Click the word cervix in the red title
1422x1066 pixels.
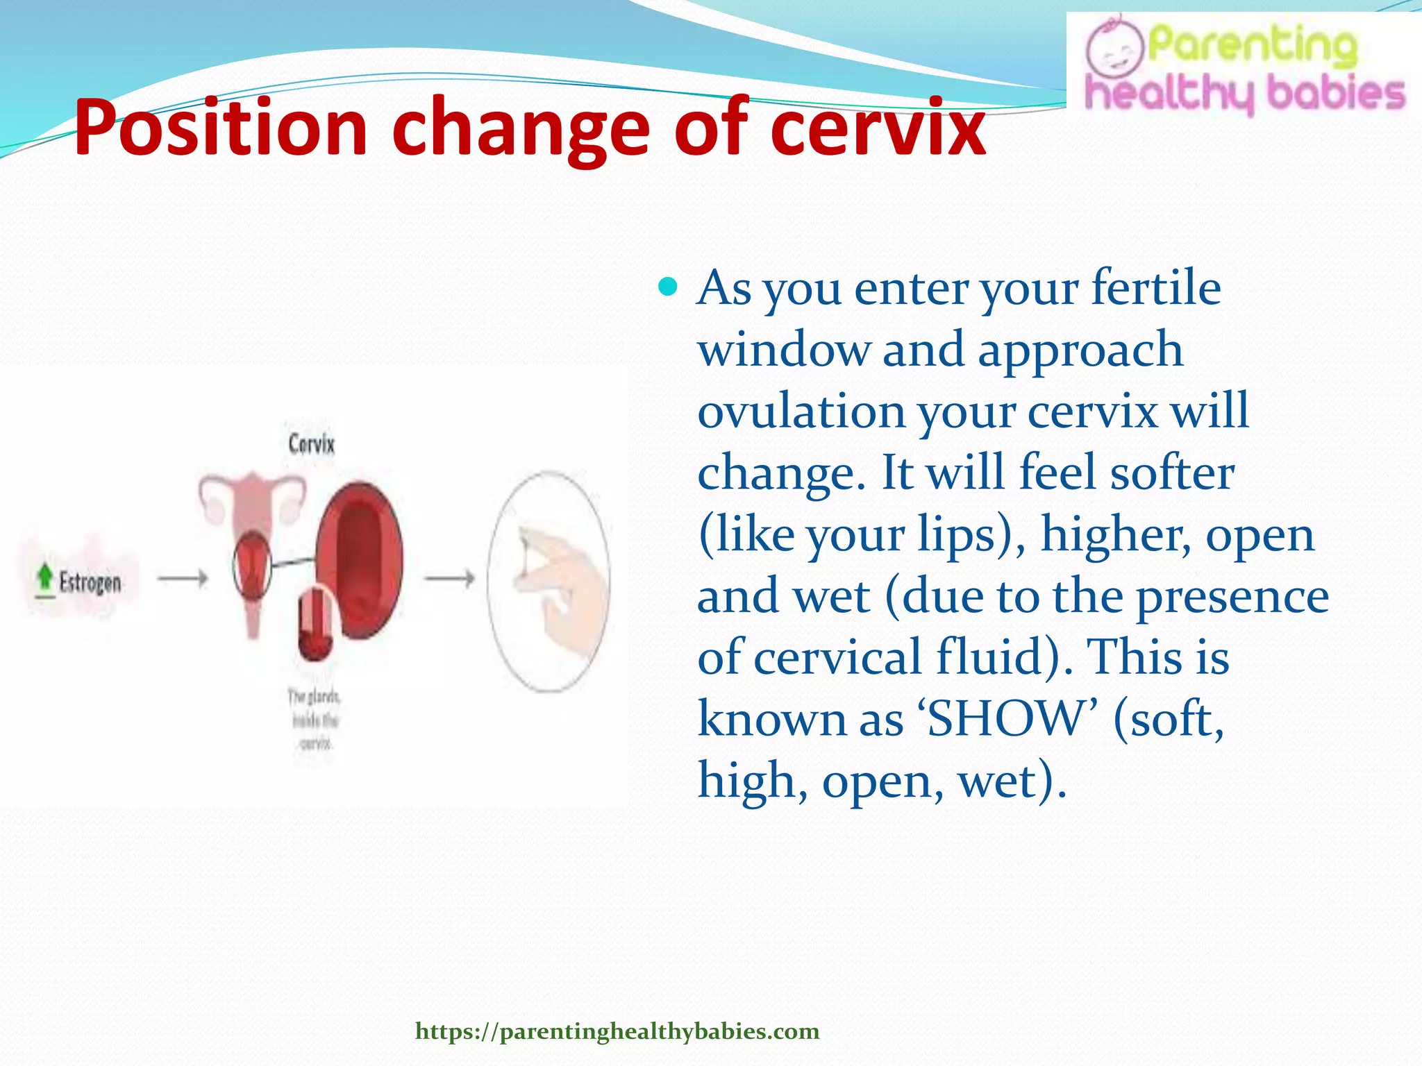coord(878,128)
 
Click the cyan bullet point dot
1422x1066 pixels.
coord(668,286)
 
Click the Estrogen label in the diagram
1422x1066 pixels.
coord(90,582)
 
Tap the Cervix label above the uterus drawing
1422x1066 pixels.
coord(311,443)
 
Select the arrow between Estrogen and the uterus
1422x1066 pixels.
coord(183,578)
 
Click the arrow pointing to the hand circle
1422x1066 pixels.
coord(450,578)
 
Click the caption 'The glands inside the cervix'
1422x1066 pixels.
coord(314,719)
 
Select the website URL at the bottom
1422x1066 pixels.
coord(617,1031)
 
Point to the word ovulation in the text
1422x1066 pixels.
coord(801,411)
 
